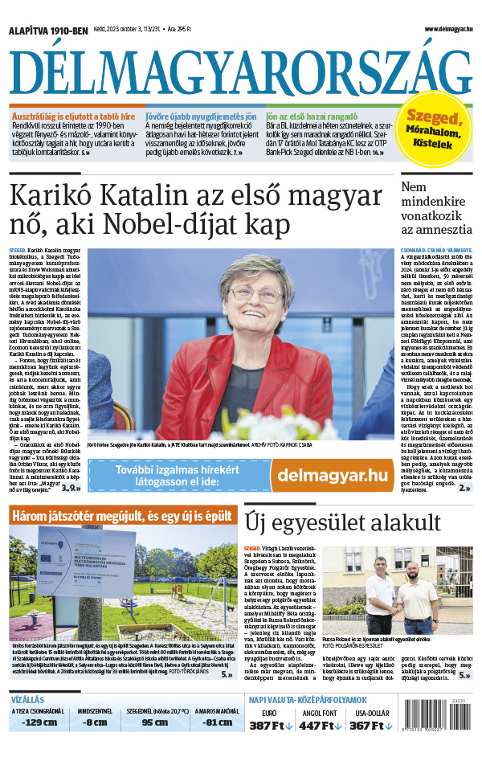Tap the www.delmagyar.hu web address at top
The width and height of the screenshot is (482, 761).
click(439, 29)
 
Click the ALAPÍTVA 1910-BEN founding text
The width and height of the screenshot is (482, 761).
click(47, 30)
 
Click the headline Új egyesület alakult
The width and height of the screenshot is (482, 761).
click(332, 522)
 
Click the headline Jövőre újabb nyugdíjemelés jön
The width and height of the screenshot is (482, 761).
click(201, 115)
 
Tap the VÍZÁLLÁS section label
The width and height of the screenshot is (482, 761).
click(27, 699)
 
